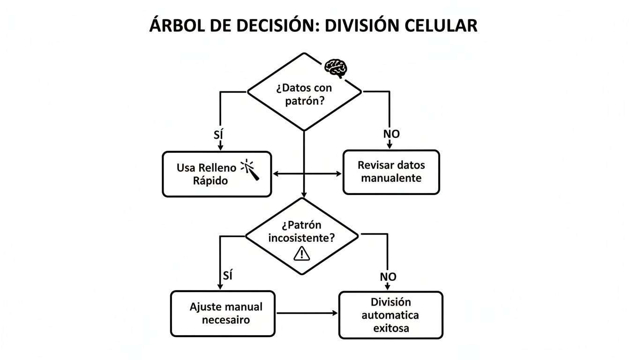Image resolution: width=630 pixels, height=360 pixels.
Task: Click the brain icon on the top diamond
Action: pyautogui.click(x=336, y=68)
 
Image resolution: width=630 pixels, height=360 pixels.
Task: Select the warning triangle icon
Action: pyautogui.click(x=301, y=253)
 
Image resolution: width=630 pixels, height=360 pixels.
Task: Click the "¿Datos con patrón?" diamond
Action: pyautogui.click(x=304, y=93)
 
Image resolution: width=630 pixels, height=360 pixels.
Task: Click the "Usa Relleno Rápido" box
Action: pyautogui.click(x=217, y=174)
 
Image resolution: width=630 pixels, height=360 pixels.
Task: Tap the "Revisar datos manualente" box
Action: pyautogui.click(x=391, y=172)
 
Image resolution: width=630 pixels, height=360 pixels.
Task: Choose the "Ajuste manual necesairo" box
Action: pyautogui.click(x=223, y=314)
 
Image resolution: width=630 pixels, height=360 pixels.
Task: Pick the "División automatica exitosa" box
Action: pyautogui.click(x=390, y=315)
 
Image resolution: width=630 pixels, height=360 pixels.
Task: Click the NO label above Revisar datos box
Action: pyautogui.click(x=391, y=134)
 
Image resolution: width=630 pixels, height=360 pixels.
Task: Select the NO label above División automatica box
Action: pyautogui.click(x=388, y=277)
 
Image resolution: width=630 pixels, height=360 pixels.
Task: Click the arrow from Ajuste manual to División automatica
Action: pyautogui.click(x=307, y=313)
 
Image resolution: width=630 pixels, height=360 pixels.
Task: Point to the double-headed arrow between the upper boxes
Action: pyautogui.click(x=307, y=174)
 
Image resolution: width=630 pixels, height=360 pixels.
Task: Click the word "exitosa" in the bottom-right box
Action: pyautogui.click(x=391, y=328)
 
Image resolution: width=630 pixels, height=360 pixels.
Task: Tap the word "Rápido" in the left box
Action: pyautogui.click(x=210, y=181)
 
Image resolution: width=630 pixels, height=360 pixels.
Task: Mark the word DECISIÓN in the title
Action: pyautogui.click(x=264, y=25)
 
